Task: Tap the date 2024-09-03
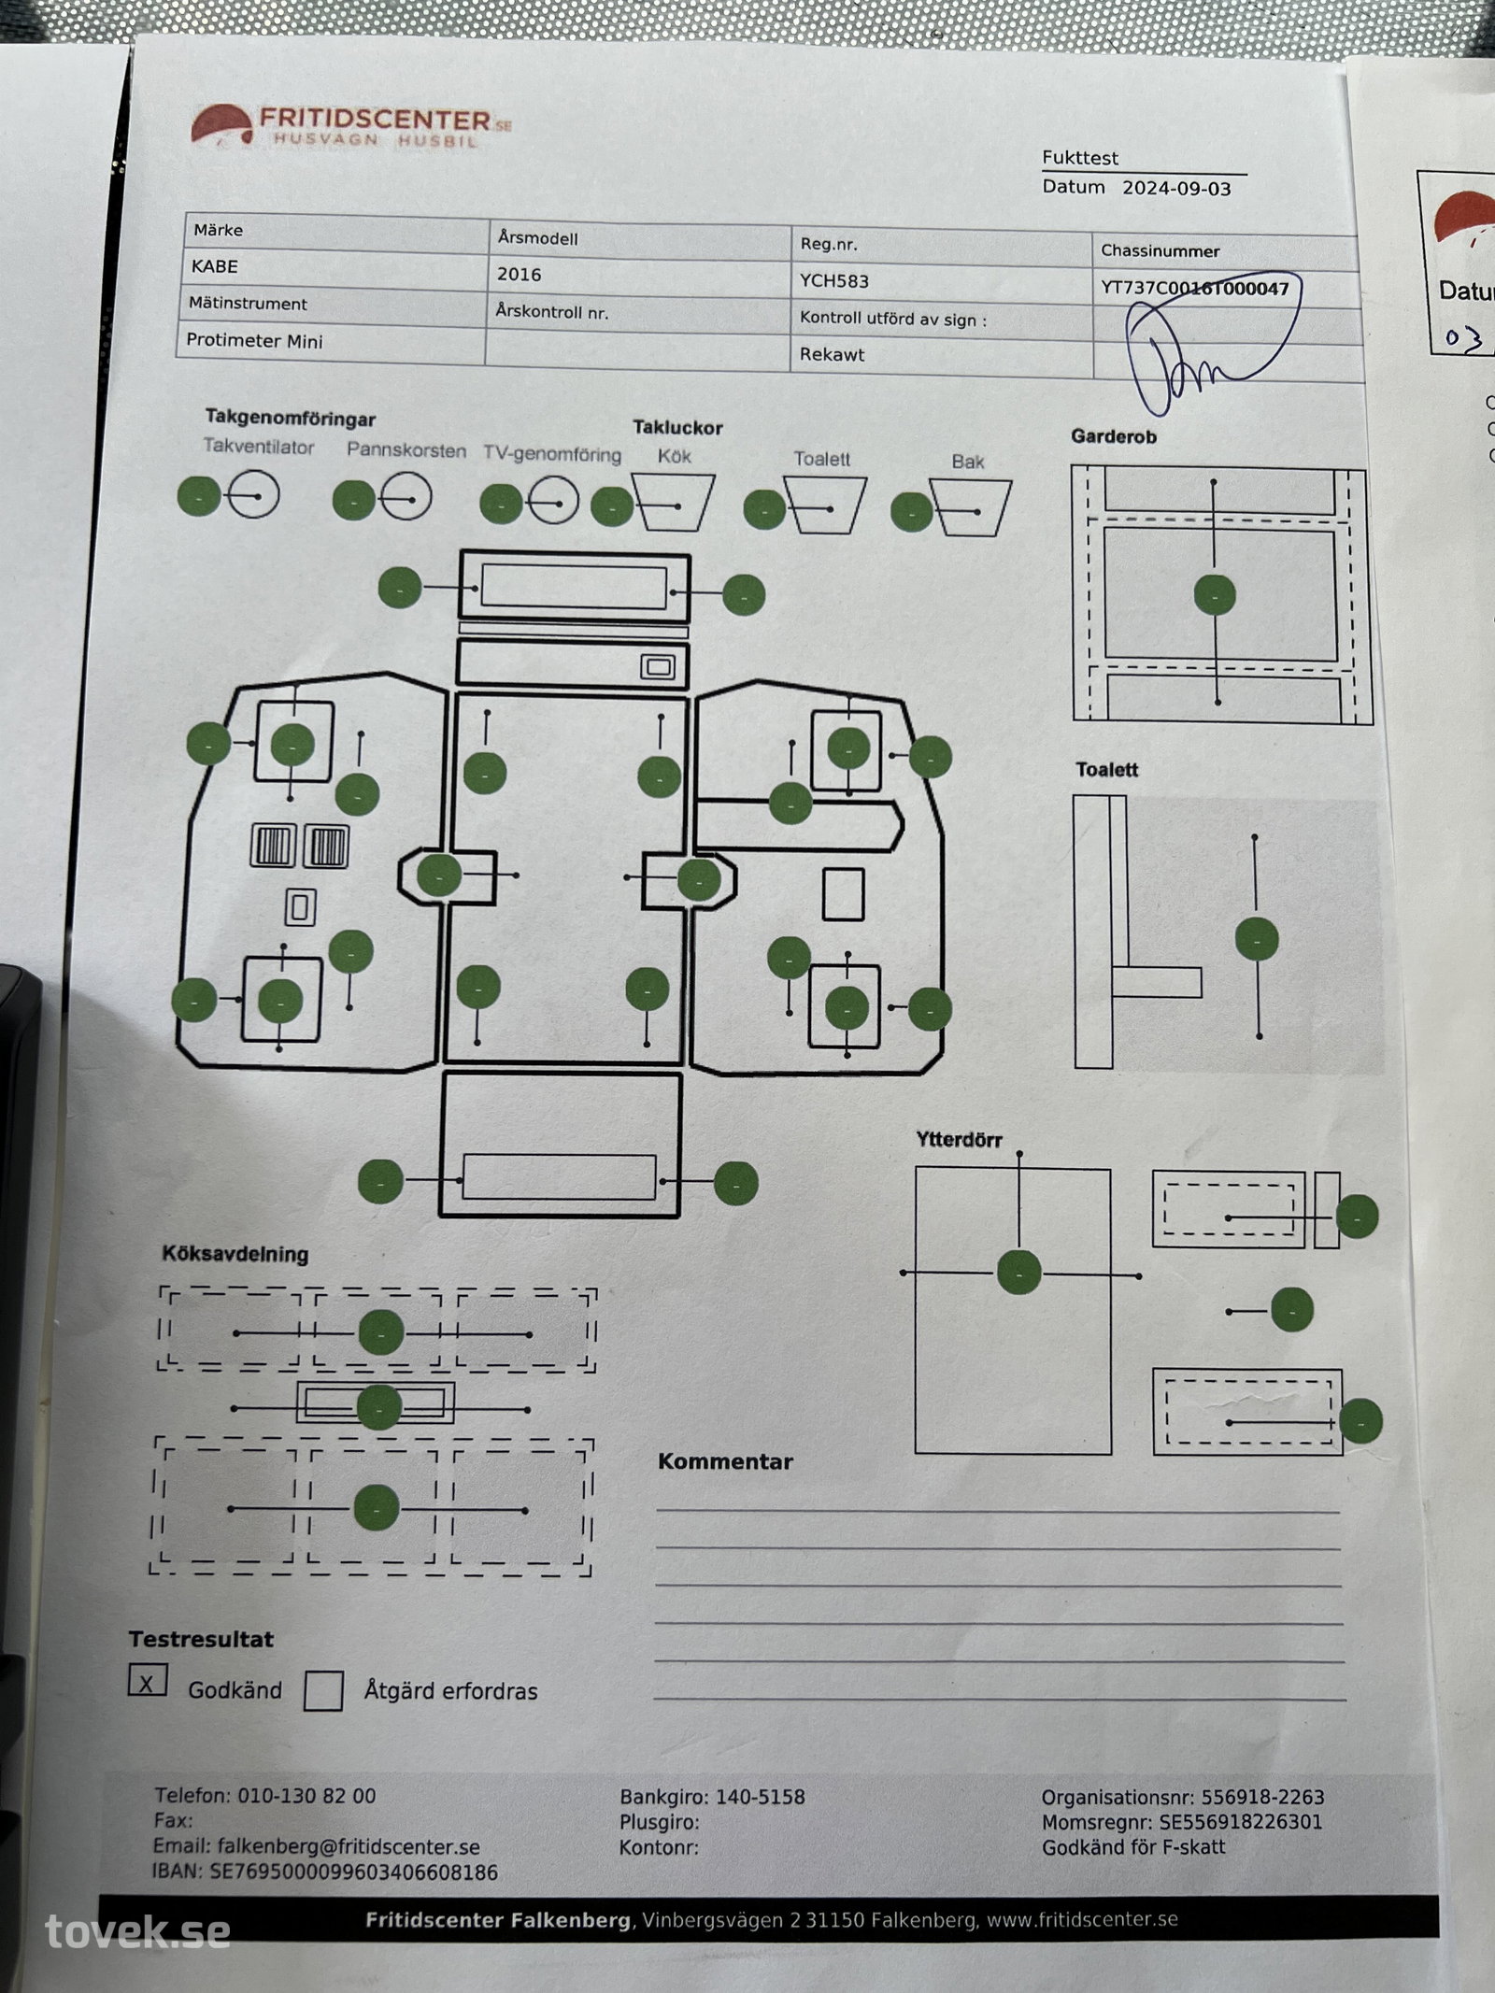(x=1176, y=188)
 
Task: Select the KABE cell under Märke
(x=215, y=266)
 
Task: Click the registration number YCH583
(x=834, y=280)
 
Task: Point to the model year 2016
(x=519, y=274)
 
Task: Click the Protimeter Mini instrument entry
(x=254, y=340)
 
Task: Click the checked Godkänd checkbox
(x=148, y=1681)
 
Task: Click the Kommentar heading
(x=725, y=1461)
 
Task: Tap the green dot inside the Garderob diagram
(x=1215, y=594)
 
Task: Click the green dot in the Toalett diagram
(x=1257, y=939)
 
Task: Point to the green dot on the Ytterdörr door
(x=1018, y=1272)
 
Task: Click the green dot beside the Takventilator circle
(x=199, y=495)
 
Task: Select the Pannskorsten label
(x=406, y=449)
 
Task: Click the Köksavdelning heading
(x=235, y=1254)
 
